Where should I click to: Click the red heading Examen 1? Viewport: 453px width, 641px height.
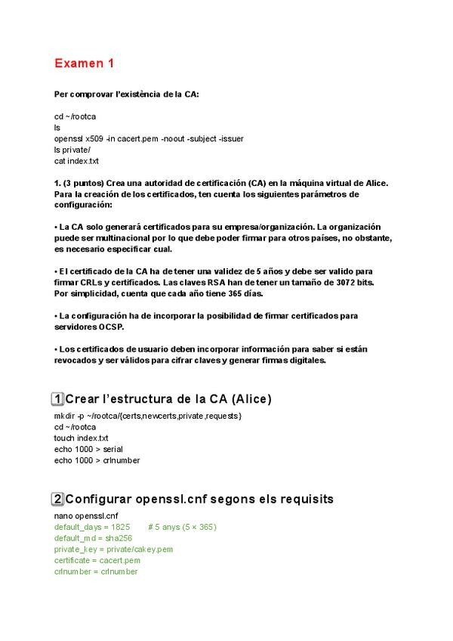click(85, 64)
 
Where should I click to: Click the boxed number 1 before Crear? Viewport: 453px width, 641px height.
click(57, 398)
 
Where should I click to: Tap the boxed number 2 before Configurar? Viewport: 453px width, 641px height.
click(57, 499)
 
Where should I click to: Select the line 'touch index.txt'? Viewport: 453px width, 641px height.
click(81, 438)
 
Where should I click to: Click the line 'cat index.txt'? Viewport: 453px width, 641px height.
click(76, 161)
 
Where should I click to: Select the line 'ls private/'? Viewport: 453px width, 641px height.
click(72, 150)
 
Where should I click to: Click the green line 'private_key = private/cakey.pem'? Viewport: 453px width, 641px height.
click(113, 550)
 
